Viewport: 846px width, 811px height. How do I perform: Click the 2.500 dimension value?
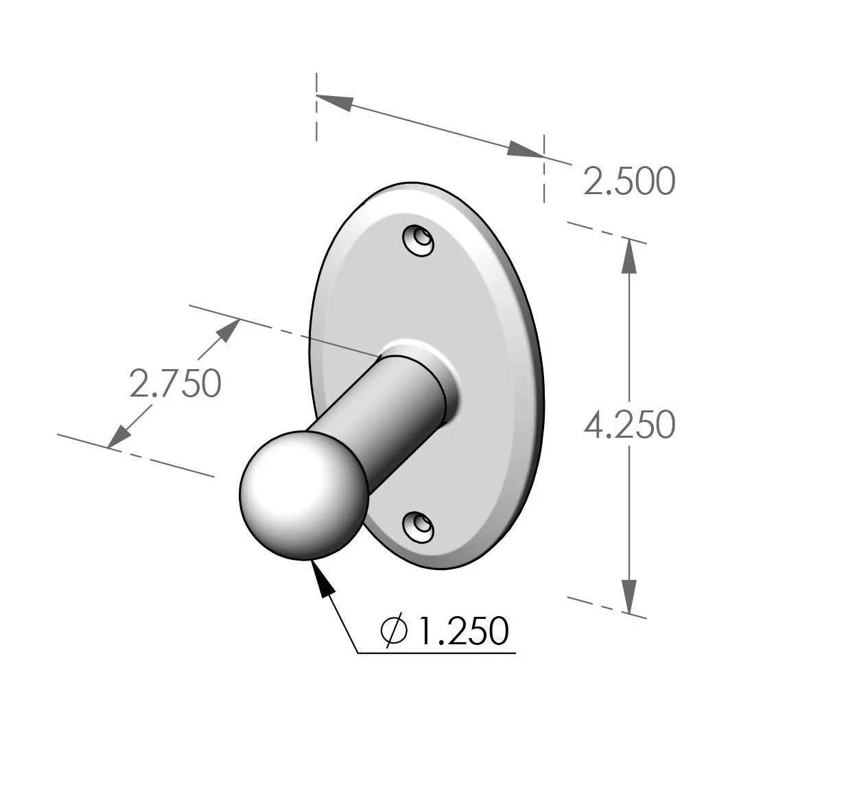tap(629, 182)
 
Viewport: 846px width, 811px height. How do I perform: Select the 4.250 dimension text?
tap(629, 425)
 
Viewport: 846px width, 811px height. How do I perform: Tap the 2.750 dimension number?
tap(176, 384)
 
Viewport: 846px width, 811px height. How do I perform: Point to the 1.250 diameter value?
tap(463, 631)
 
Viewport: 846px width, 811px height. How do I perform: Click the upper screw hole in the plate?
tap(419, 240)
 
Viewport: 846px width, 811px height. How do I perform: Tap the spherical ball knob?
tap(304, 495)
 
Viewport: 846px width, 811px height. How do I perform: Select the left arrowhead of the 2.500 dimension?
tap(335, 102)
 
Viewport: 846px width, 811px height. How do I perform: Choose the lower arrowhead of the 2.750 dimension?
tap(119, 436)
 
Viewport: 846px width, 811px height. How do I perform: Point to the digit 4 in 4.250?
tap(594, 425)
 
